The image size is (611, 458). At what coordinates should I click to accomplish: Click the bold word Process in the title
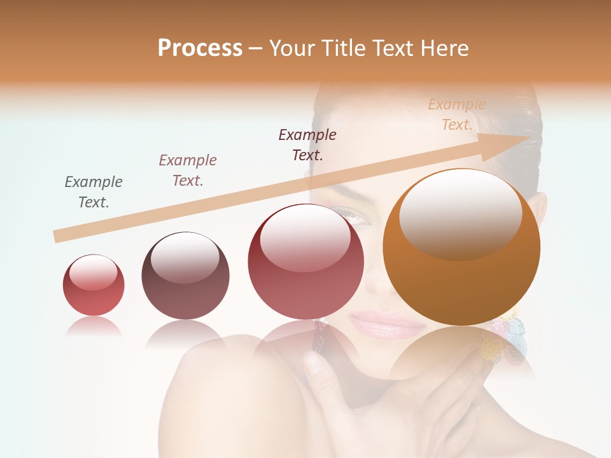200,48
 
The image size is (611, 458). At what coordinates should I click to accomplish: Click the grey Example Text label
94,191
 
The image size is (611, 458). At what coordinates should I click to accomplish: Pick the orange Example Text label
457,114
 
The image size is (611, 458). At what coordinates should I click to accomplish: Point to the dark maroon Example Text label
307,144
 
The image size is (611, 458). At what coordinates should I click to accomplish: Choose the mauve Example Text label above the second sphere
188,170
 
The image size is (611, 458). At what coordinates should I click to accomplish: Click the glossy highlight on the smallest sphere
93,272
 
